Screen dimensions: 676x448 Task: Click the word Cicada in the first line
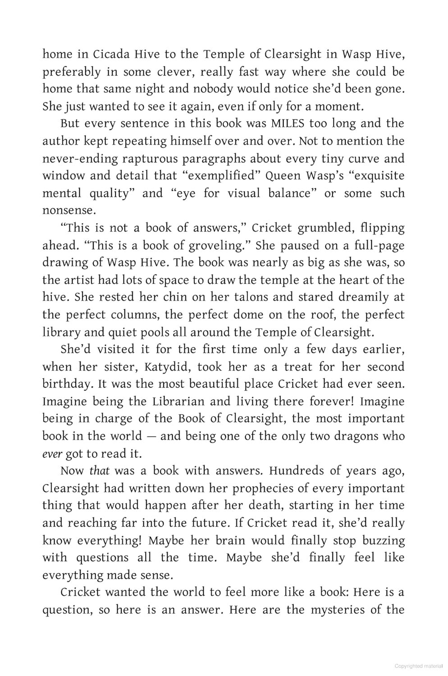(111, 55)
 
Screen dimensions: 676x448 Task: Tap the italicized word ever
(51, 454)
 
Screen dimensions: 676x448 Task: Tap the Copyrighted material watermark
(418, 666)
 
